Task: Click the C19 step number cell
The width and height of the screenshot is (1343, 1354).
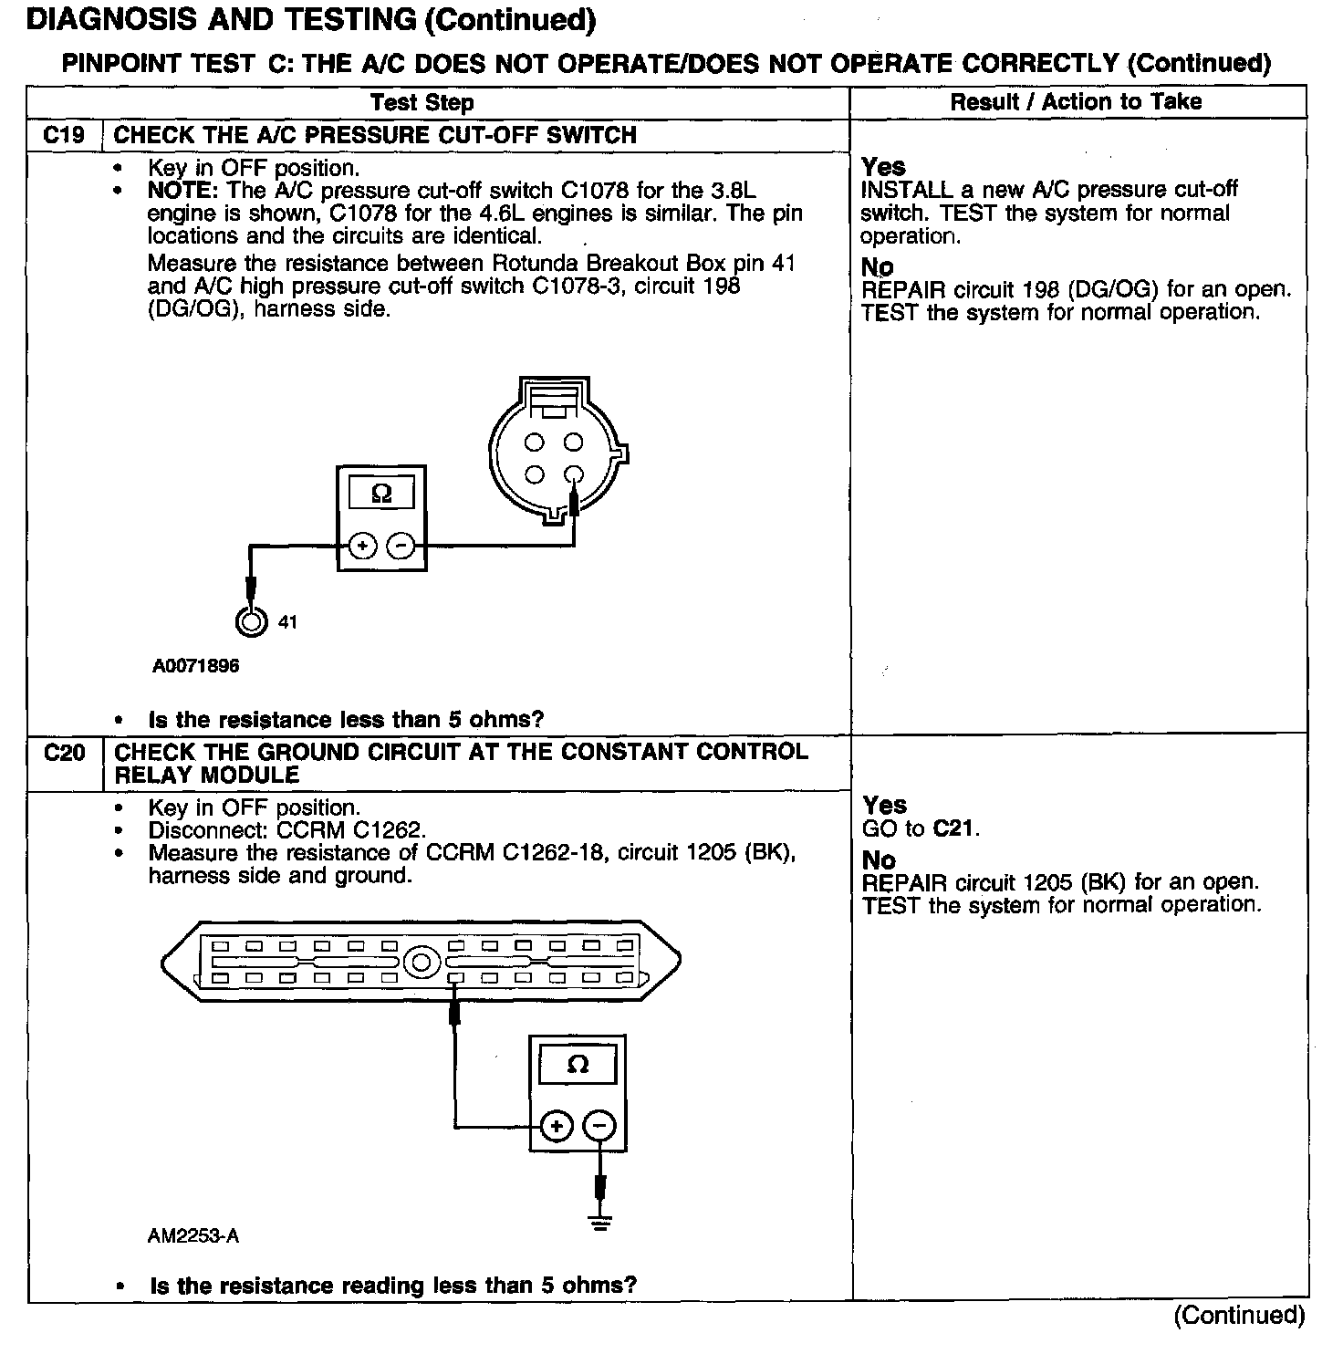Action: [x=64, y=135]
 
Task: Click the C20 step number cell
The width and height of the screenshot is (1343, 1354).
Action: [x=64, y=753]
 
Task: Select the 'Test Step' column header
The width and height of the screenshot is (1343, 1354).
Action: [x=422, y=102]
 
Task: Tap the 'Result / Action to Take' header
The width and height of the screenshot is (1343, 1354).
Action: [x=1076, y=101]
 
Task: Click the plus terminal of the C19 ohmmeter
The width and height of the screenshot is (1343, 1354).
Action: [x=362, y=547]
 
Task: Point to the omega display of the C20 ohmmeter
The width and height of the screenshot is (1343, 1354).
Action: [x=578, y=1065]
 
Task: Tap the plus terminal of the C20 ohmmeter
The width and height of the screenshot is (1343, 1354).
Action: [x=557, y=1126]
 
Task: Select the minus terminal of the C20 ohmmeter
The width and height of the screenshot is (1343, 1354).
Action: [x=599, y=1126]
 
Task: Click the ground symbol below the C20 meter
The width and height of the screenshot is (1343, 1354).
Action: [x=599, y=1223]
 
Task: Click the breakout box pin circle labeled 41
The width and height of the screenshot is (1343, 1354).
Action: [x=250, y=621]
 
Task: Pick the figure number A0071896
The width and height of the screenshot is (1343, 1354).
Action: [x=195, y=666]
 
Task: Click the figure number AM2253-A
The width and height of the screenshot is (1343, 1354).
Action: [x=193, y=1236]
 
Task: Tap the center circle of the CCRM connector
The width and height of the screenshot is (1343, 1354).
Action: [x=421, y=963]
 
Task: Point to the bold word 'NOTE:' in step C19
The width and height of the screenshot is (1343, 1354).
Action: [x=182, y=191]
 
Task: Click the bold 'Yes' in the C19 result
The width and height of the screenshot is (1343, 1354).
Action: [x=883, y=167]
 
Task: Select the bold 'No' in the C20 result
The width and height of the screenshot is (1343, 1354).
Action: [x=879, y=860]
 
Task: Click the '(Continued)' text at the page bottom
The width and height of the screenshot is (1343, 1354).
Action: [x=1239, y=1315]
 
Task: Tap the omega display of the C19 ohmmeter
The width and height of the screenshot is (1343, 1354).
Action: [x=382, y=494]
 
